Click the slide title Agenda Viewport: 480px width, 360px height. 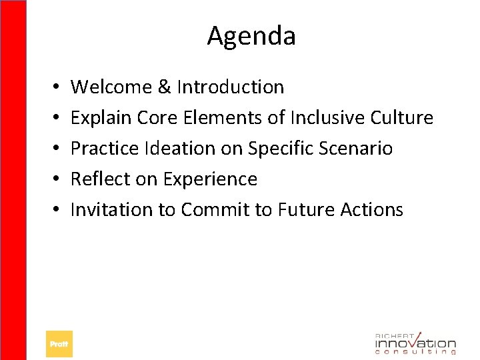tap(251, 36)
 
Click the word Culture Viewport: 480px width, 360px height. tap(403, 118)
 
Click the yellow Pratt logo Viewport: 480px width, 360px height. tap(59, 344)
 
